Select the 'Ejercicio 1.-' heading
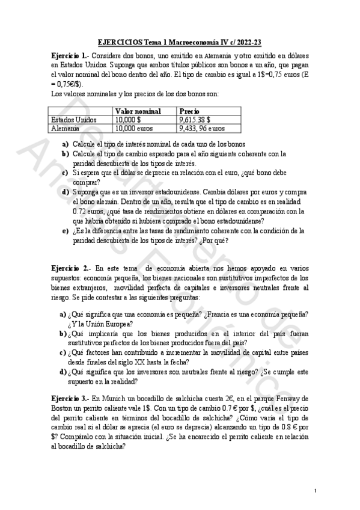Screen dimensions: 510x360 coord(71,55)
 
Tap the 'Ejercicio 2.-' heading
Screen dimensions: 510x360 coord(71,267)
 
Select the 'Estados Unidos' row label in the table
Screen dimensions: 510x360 coord(74,120)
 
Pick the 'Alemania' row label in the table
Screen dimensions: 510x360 coord(66,128)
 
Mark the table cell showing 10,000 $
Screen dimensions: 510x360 coord(129,120)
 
